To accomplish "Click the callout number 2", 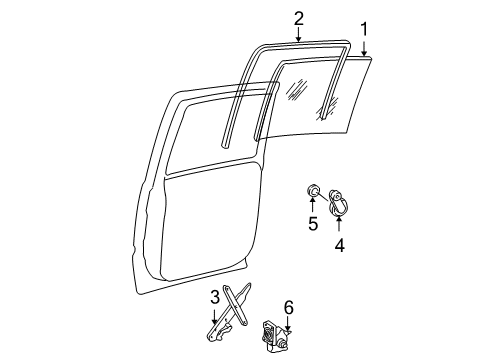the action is click(298, 18).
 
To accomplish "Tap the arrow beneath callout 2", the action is click(298, 35).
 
